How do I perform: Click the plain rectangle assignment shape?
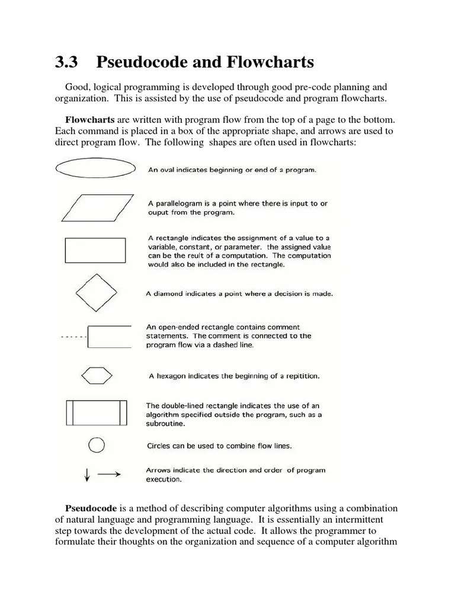pyautogui.click(x=95, y=250)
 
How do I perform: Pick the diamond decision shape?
pyautogui.click(x=95, y=292)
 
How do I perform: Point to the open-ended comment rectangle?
pyautogui.click(x=109, y=336)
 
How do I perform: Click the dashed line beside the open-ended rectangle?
pyautogui.click(x=73, y=337)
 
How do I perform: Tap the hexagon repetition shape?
pyautogui.click(x=95, y=375)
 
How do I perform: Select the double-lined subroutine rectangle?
pyautogui.click(x=95, y=412)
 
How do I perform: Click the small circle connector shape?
pyautogui.click(x=96, y=444)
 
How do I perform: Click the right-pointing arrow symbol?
pyautogui.click(x=109, y=474)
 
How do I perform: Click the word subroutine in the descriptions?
pyautogui.click(x=165, y=424)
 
